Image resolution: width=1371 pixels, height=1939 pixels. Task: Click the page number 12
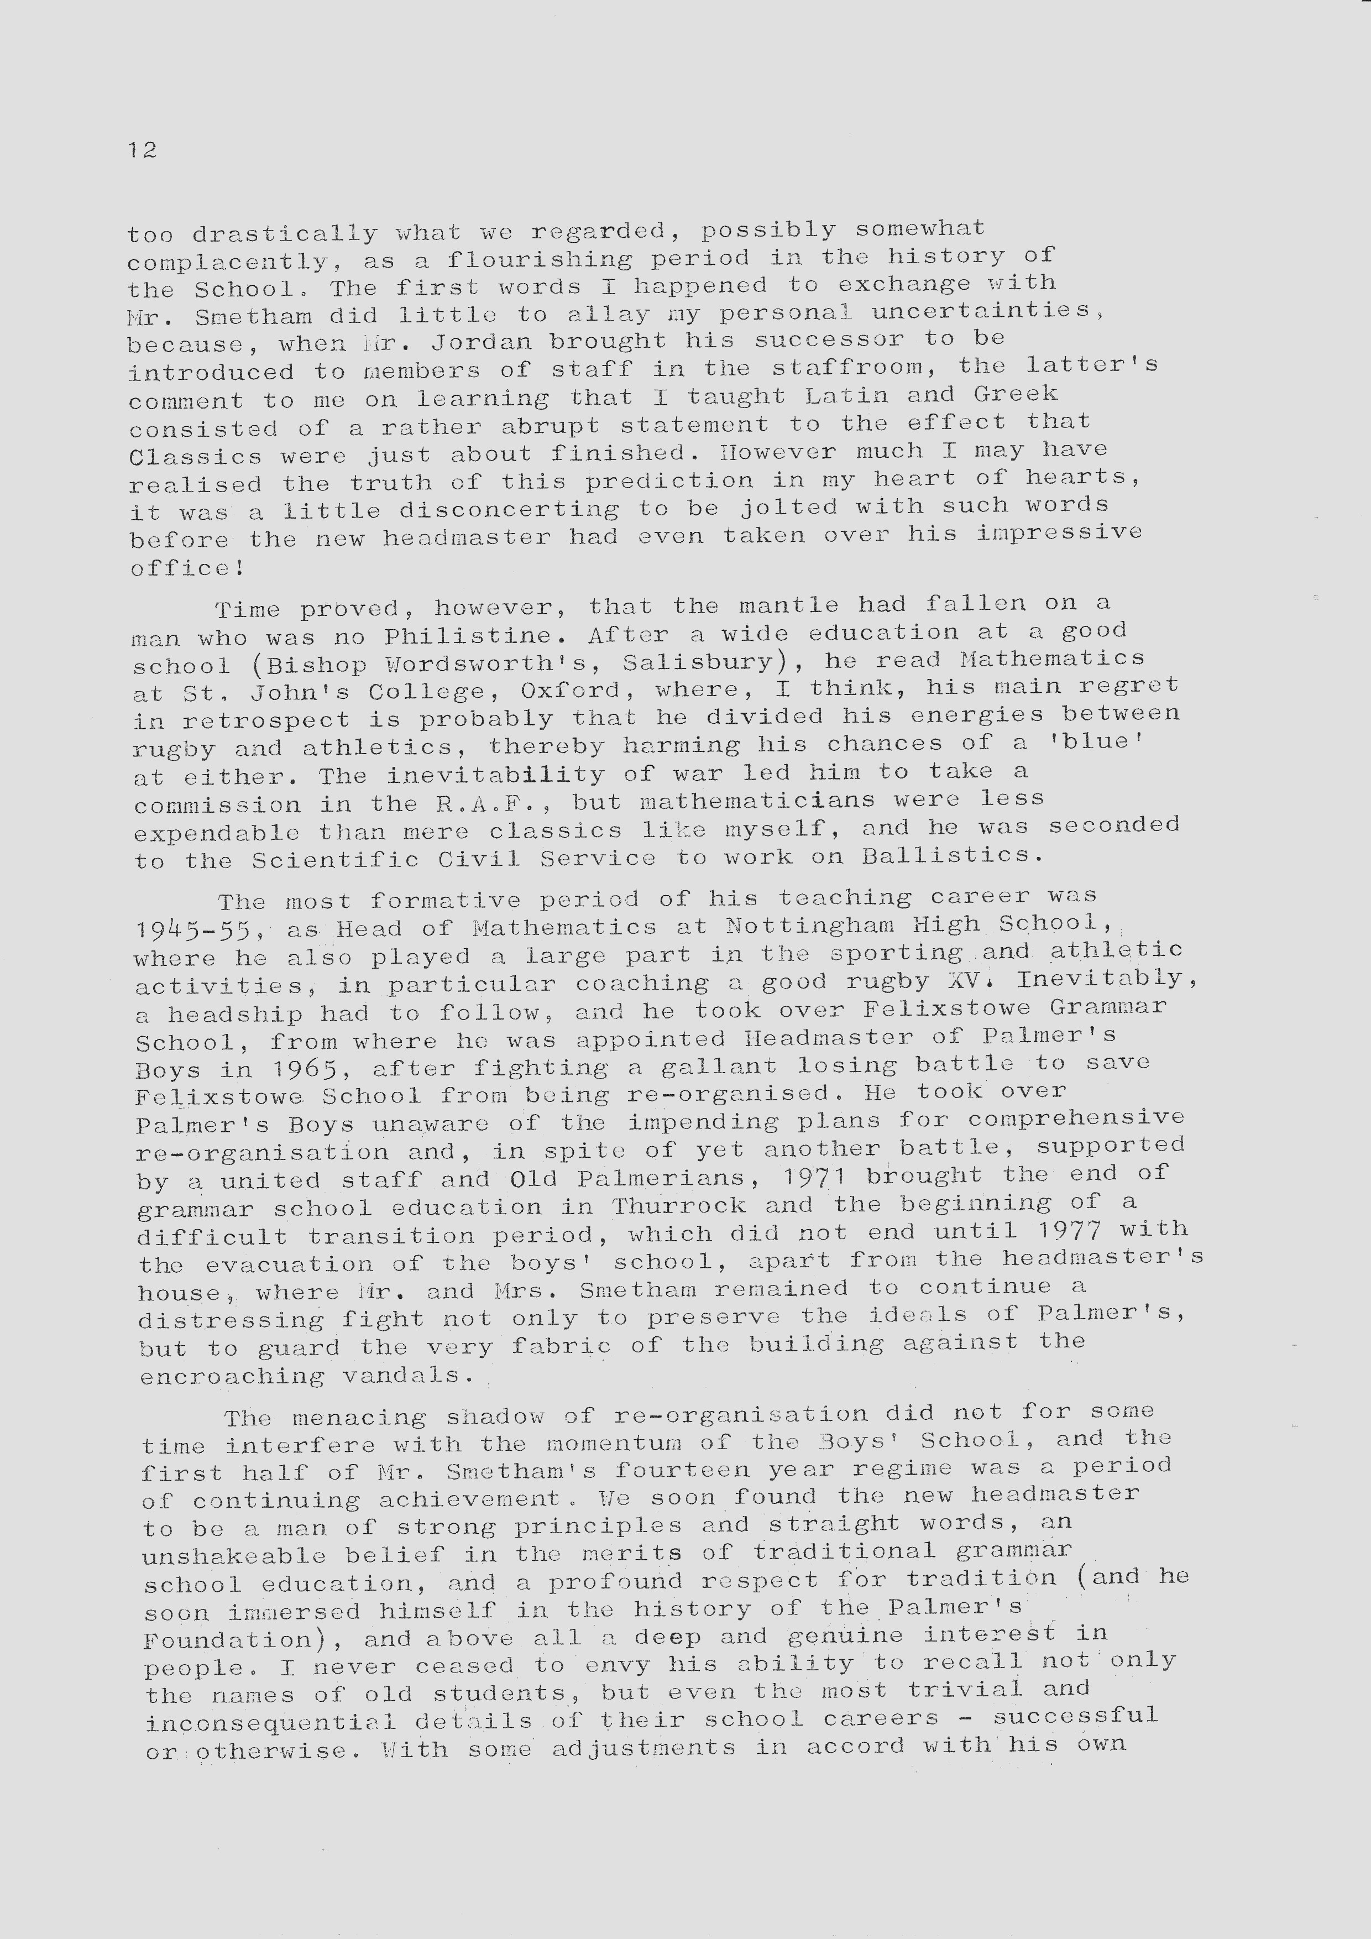click(x=143, y=150)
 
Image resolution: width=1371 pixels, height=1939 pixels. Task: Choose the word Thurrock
click(x=679, y=1205)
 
